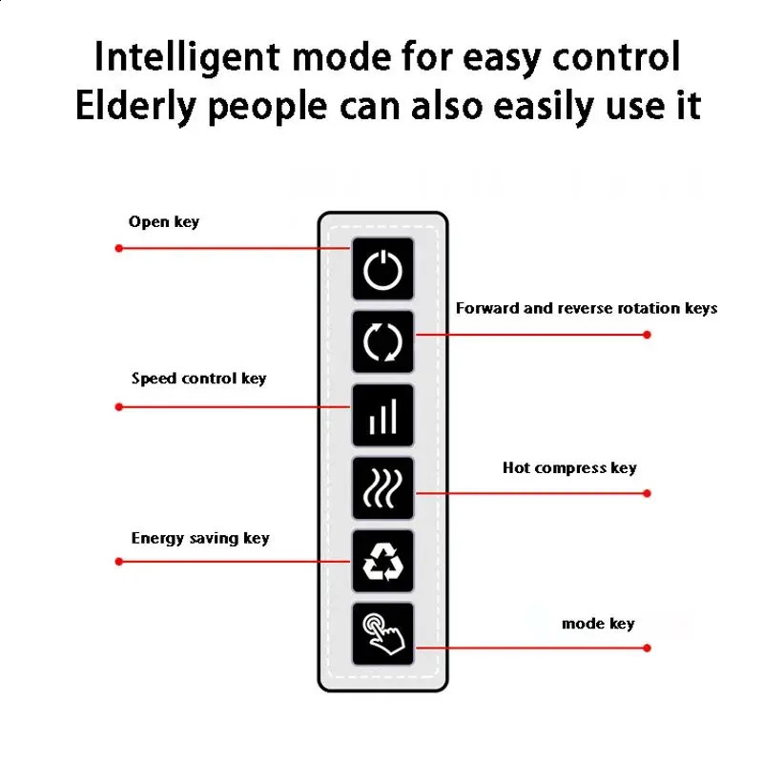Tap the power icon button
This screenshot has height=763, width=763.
383,269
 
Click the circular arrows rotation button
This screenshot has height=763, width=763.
383,341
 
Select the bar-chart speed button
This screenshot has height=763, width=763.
383,415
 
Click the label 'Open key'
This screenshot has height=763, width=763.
164,222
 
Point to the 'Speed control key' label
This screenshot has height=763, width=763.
198,379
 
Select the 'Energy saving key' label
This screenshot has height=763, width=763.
200,539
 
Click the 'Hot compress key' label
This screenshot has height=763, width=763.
569,468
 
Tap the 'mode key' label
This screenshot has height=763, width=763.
598,624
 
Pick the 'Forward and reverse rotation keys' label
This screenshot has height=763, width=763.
586,308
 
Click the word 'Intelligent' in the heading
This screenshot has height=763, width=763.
188,57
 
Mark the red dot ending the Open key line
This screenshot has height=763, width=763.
119,248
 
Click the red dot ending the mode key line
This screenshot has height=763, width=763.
648,649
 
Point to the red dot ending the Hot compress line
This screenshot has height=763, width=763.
648,493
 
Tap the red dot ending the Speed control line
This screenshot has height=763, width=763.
119,407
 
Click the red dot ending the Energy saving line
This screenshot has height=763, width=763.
119,562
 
